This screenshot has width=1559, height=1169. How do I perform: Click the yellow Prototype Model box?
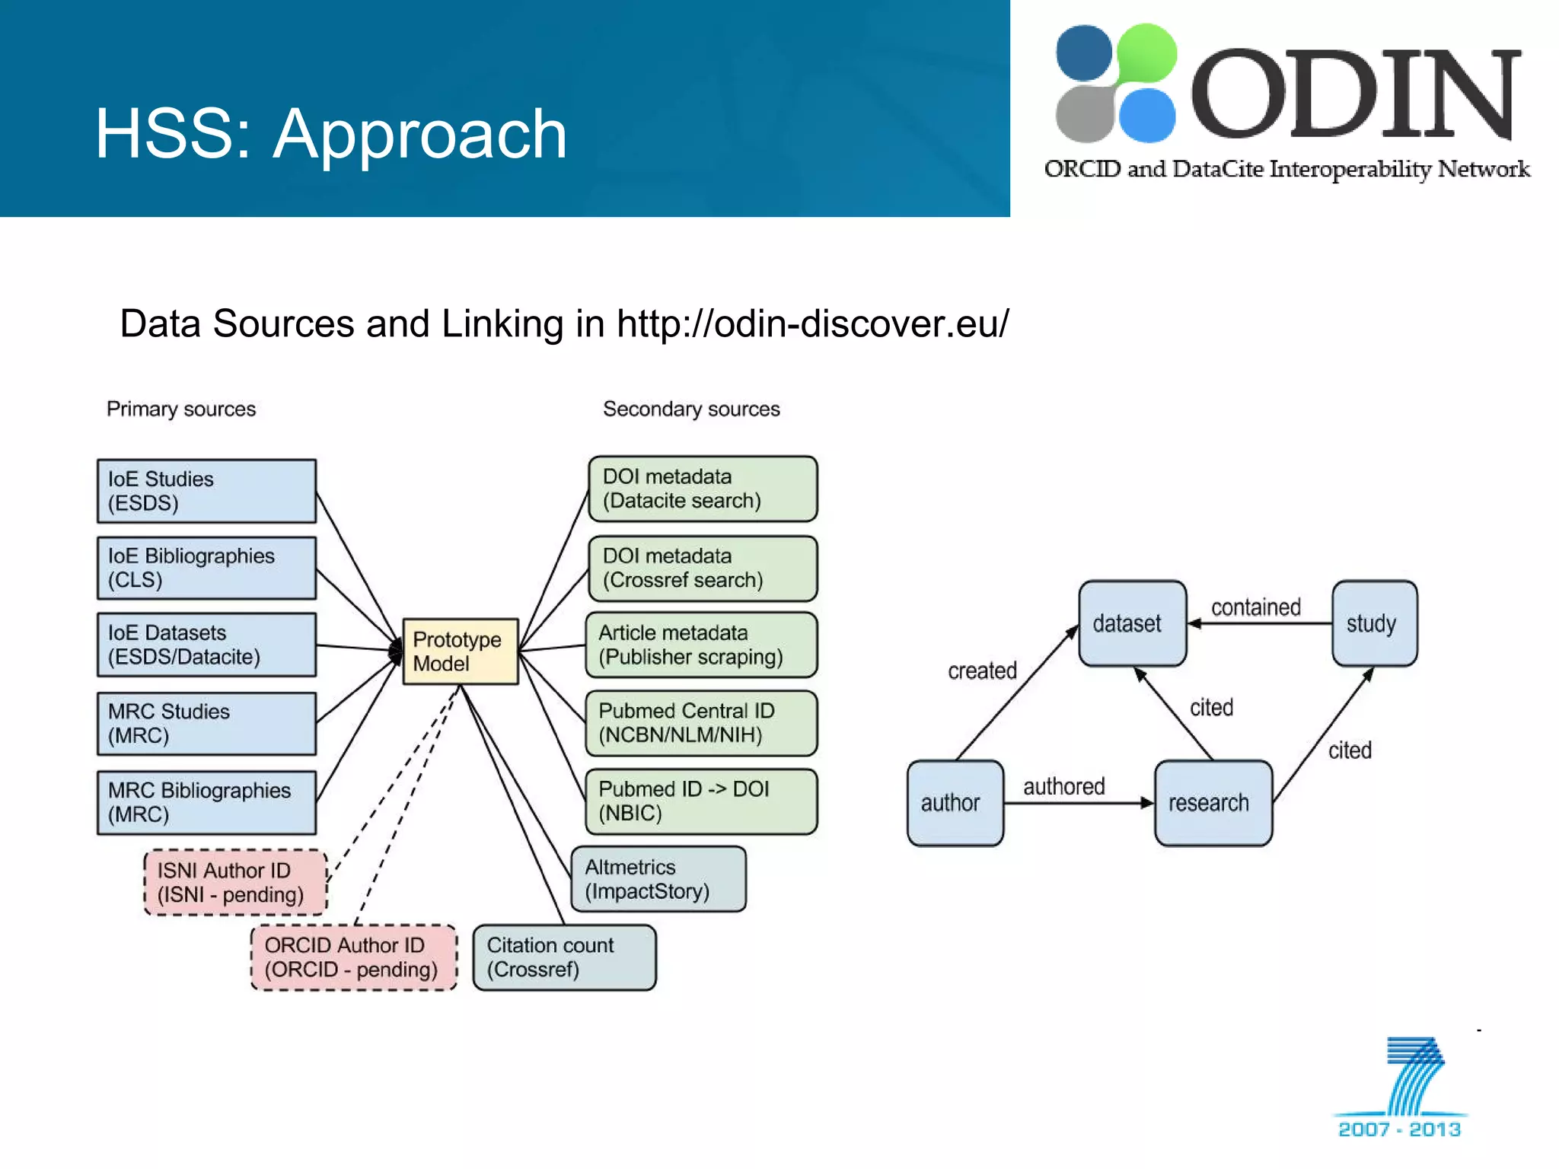pos(460,651)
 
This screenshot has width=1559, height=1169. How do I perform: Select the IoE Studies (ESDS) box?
pos(206,491)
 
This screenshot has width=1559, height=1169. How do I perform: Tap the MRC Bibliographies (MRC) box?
pos(206,802)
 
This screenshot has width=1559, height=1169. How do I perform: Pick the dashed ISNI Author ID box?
pos(235,882)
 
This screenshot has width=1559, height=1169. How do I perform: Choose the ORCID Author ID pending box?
pos(354,957)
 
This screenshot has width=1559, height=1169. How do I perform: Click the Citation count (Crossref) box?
pos(564,957)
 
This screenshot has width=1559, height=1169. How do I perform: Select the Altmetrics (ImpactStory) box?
pos(658,879)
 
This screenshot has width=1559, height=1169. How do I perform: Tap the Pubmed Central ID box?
pos(701,723)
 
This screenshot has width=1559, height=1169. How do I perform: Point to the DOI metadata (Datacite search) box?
pos(703,489)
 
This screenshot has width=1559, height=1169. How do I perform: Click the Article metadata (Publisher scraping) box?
pos(701,645)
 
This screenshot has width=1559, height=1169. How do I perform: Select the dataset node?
pos(1132,623)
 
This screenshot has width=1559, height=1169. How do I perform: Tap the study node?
pos(1374,623)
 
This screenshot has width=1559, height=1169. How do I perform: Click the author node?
pos(955,802)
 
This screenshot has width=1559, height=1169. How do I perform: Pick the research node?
pos(1213,802)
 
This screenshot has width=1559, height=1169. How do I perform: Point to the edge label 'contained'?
pos(1255,607)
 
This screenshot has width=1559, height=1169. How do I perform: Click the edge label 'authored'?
pos(1063,786)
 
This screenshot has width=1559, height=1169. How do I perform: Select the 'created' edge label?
pos(982,671)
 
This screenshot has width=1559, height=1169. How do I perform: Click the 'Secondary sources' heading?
pos(691,409)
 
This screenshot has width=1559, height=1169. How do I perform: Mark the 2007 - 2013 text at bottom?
pos(1399,1129)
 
